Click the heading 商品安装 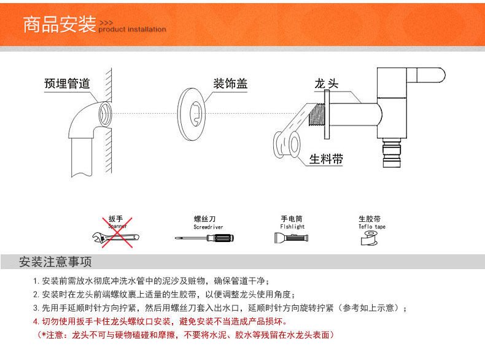tap(59, 25)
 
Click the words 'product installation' tap(132, 29)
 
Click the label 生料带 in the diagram tap(326, 159)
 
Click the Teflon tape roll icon tap(369, 238)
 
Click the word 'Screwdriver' tap(208, 227)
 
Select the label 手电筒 tap(292, 219)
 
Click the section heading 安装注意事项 tap(56, 262)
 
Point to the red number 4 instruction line tap(160, 322)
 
